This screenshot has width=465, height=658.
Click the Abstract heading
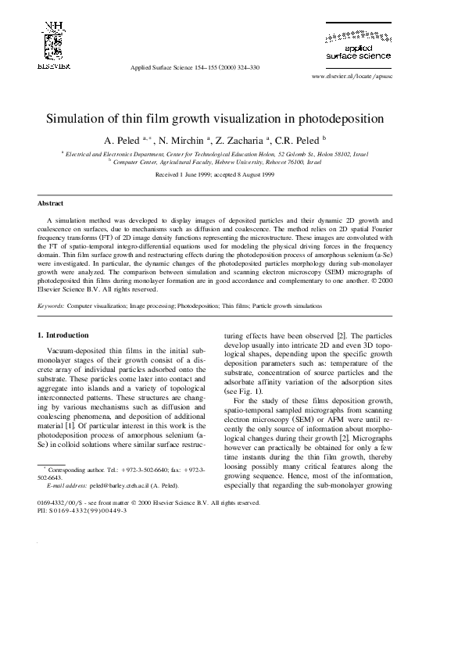pos(51,202)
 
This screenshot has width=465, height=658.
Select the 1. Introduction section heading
pos(63,335)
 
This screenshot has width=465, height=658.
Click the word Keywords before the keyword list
pos(52,306)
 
